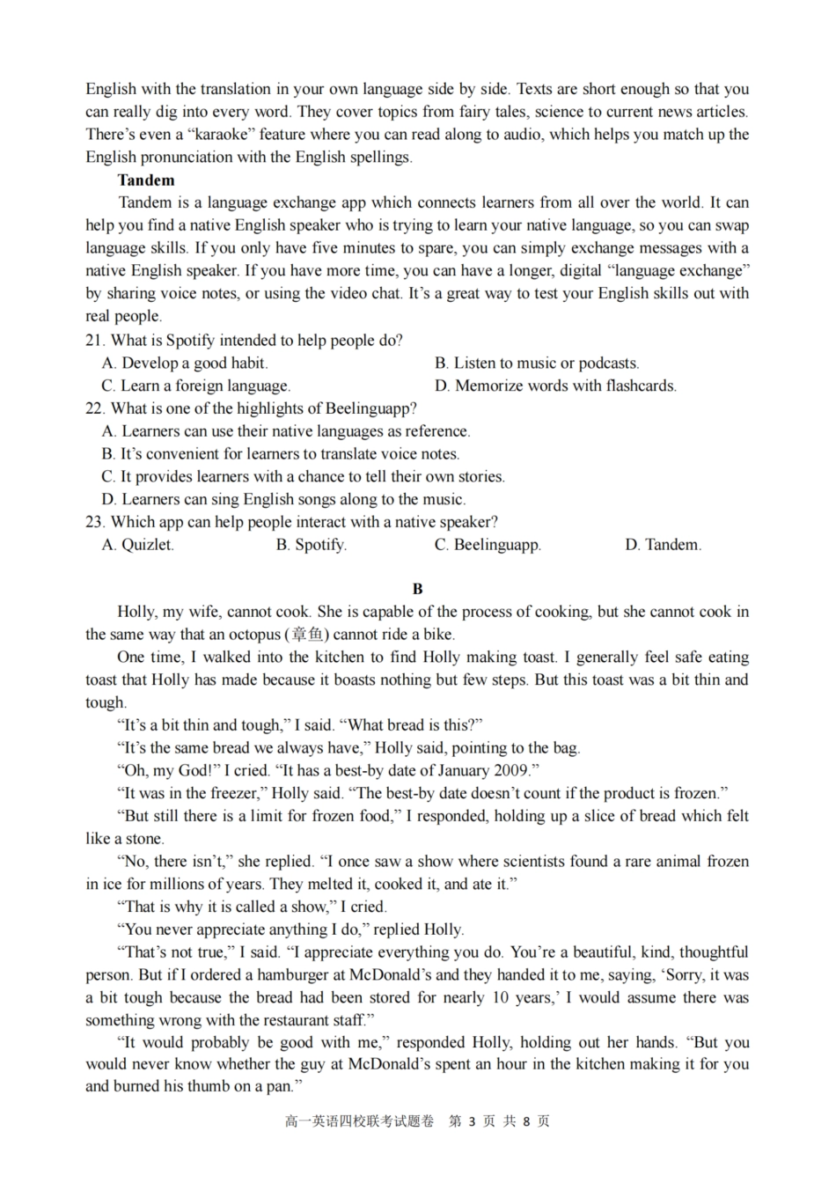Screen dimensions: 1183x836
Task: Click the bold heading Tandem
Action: (x=146, y=180)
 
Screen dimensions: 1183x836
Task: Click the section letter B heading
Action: (x=418, y=589)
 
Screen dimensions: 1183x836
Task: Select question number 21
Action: (x=95, y=341)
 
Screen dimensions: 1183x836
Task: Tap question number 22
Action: (x=95, y=408)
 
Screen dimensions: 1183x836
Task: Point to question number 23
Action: (x=95, y=522)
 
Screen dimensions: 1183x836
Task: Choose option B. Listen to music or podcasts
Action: (x=537, y=363)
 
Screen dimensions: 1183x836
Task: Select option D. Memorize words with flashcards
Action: (x=555, y=386)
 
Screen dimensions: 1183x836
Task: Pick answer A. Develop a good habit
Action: (x=185, y=363)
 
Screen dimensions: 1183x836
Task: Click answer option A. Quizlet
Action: (x=138, y=545)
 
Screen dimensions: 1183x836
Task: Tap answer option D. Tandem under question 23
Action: (x=663, y=545)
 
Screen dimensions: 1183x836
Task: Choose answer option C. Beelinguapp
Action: (x=488, y=545)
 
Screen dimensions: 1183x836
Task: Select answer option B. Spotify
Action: (x=311, y=545)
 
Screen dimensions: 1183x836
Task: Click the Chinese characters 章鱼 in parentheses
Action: (x=306, y=635)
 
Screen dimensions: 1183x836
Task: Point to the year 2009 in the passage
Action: (x=510, y=771)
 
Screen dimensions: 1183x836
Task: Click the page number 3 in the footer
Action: (x=472, y=1121)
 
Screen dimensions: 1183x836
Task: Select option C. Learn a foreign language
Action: (x=196, y=386)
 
